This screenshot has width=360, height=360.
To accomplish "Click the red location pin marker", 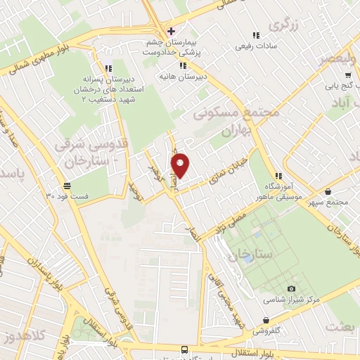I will click(x=181, y=165).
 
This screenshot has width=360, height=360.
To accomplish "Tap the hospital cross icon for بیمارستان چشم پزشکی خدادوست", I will click(x=170, y=31).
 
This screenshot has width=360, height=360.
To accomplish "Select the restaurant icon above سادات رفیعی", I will click(x=256, y=35).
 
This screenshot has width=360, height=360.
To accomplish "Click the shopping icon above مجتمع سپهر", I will click(x=329, y=191).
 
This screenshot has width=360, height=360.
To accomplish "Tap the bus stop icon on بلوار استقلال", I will click(x=184, y=349).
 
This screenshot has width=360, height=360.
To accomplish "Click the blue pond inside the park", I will click(x=248, y=258).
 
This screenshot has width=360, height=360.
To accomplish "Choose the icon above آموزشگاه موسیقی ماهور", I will click(x=278, y=176).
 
